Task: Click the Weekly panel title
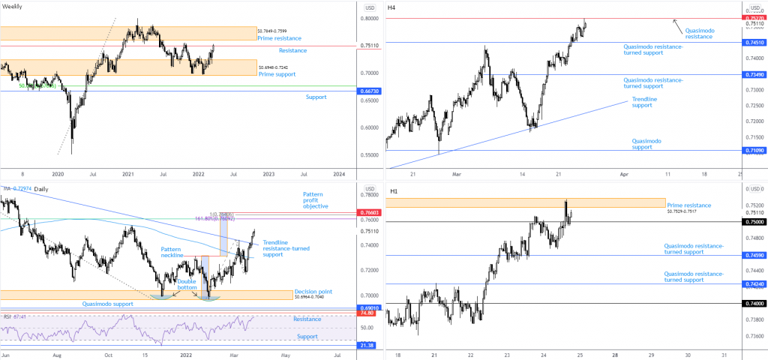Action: [x=13, y=7]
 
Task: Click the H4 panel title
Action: [x=391, y=7]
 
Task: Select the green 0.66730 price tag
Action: [x=368, y=91]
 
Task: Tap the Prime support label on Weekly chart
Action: [x=277, y=74]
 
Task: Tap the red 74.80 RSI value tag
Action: [x=368, y=312]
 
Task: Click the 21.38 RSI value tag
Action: [x=368, y=344]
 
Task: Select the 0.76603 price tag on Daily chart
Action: [x=368, y=213]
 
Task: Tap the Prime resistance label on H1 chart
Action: [x=688, y=205]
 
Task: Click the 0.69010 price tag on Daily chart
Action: [x=368, y=307]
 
